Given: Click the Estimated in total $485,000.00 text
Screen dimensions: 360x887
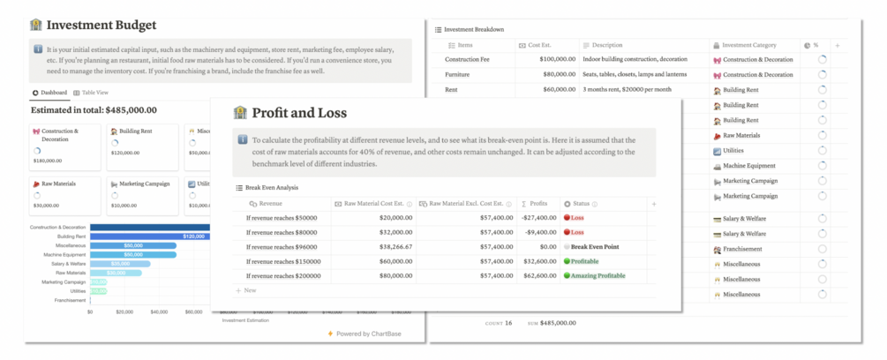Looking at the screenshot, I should [94, 110].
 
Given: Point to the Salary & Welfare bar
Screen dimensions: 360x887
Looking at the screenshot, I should [119, 264].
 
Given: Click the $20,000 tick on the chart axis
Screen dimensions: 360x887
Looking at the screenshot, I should [124, 311].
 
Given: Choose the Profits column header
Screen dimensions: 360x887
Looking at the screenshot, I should [534, 203].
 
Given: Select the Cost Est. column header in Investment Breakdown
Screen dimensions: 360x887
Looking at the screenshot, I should [543, 44].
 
